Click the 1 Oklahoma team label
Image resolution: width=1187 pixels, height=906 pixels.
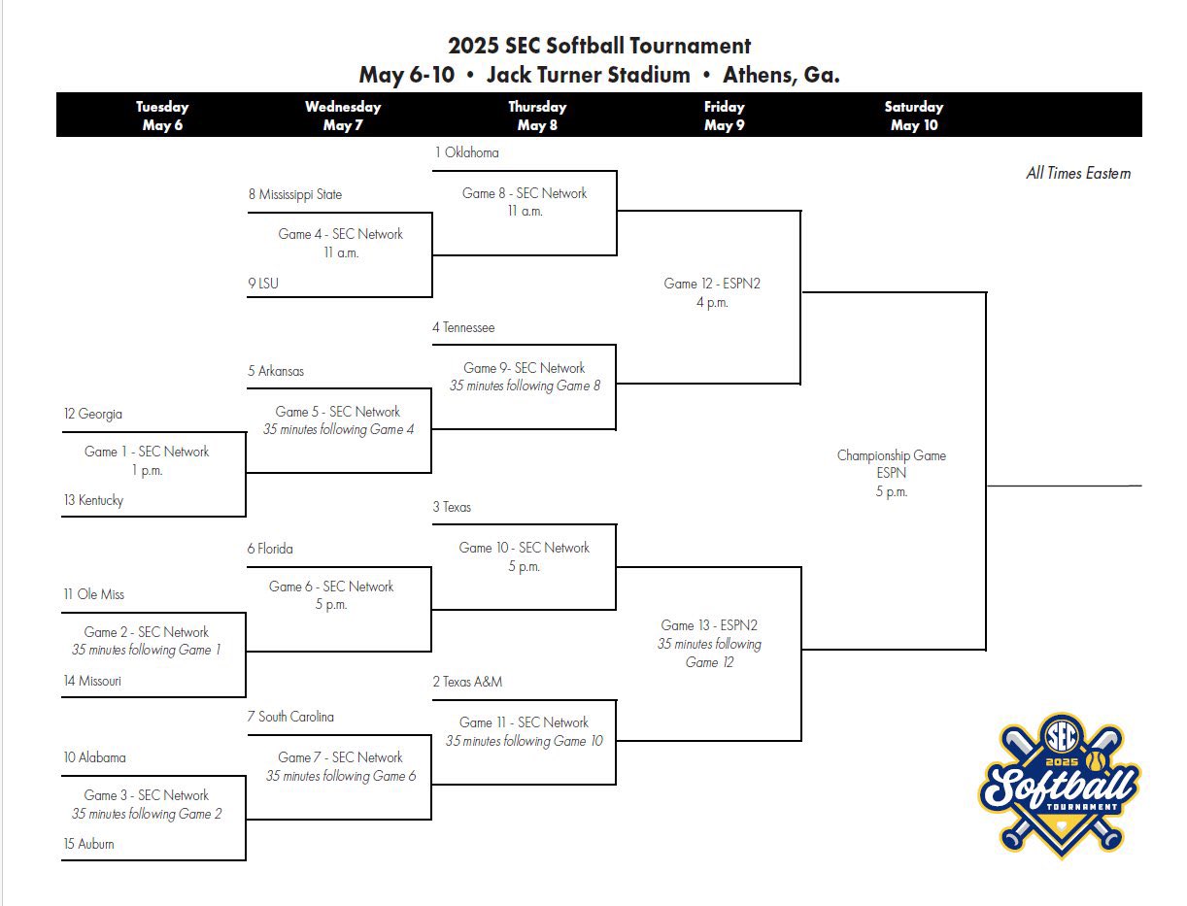click(x=466, y=152)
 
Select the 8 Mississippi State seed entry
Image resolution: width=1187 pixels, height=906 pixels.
click(x=294, y=194)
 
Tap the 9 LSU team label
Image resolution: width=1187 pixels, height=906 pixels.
click(x=262, y=284)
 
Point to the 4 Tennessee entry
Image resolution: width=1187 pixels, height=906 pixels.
click(x=463, y=327)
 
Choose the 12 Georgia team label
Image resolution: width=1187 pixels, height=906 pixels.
click(x=93, y=414)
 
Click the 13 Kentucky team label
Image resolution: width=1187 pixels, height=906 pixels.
click(x=93, y=500)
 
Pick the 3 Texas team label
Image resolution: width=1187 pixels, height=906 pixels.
click(x=452, y=507)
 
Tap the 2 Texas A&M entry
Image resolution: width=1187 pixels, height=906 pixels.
click(x=467, y=682)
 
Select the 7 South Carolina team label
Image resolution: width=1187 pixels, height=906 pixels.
click(x=290, y=717)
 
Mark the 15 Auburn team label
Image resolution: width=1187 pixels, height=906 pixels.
click(x=88, y=844)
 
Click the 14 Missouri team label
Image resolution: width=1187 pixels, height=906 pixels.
click(x=92, y=681)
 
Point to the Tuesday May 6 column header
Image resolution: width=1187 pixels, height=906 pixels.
click(x=162, y=116)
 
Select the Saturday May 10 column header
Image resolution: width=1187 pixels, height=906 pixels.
click(x=913, y=116)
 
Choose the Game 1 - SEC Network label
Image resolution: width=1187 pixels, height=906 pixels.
click(x=147, y=452)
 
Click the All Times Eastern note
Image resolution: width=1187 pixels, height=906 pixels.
click(x=1078, y=174)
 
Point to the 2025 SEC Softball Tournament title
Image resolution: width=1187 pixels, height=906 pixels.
click(x=598, y=46)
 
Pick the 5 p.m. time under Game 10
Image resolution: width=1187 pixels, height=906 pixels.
click(x=524, y=566)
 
